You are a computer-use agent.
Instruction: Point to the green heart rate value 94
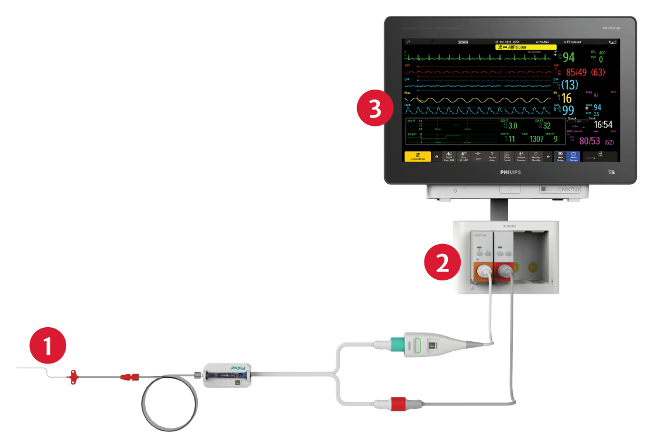(568, 57)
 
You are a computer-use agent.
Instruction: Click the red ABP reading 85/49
(576, 73)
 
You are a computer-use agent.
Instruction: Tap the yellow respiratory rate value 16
(567, 98)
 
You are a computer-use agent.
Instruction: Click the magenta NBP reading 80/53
(590, 142)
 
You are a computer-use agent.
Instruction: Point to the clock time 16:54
(603, 125)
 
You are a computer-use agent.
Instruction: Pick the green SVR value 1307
(537, 139)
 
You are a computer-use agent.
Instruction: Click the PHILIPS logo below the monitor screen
(510, 174)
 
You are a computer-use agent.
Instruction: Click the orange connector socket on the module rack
(482, 271)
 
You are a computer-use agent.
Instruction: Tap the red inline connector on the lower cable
(398, 403)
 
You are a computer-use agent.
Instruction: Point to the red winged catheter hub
(74, 378)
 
